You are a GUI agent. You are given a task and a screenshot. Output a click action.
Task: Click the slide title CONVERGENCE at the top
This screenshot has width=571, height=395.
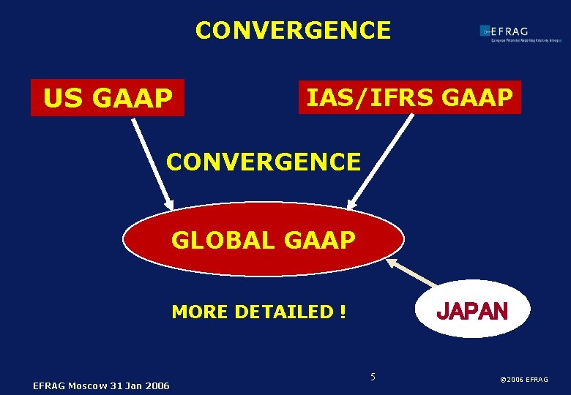click(293, 31)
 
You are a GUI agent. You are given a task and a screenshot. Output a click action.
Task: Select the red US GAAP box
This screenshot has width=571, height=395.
click(108, 98)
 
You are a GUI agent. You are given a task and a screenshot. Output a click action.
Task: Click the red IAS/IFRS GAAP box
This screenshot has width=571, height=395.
click(409, 97)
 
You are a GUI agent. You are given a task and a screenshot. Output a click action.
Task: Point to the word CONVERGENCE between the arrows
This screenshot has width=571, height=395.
click(264, 162)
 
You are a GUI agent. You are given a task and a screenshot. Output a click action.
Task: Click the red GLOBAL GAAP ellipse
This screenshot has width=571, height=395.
click(263, 239)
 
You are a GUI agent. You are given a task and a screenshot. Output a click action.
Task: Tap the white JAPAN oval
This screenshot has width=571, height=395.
click(471, 309)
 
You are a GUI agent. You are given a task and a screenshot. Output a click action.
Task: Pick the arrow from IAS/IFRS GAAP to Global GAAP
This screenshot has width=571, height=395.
click(381, 162)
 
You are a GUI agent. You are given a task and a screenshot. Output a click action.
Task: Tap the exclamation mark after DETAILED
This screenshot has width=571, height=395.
click(343, 312)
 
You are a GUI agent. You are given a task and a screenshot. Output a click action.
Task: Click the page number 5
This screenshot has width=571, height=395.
click(373, 377)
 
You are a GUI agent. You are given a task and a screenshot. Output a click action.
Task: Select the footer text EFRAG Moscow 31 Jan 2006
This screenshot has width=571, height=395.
click(101, 385)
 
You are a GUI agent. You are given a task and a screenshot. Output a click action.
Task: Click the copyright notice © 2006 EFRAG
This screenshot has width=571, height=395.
click(523, 380)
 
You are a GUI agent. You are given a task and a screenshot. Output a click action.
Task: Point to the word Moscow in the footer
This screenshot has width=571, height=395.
click(90, 385)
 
